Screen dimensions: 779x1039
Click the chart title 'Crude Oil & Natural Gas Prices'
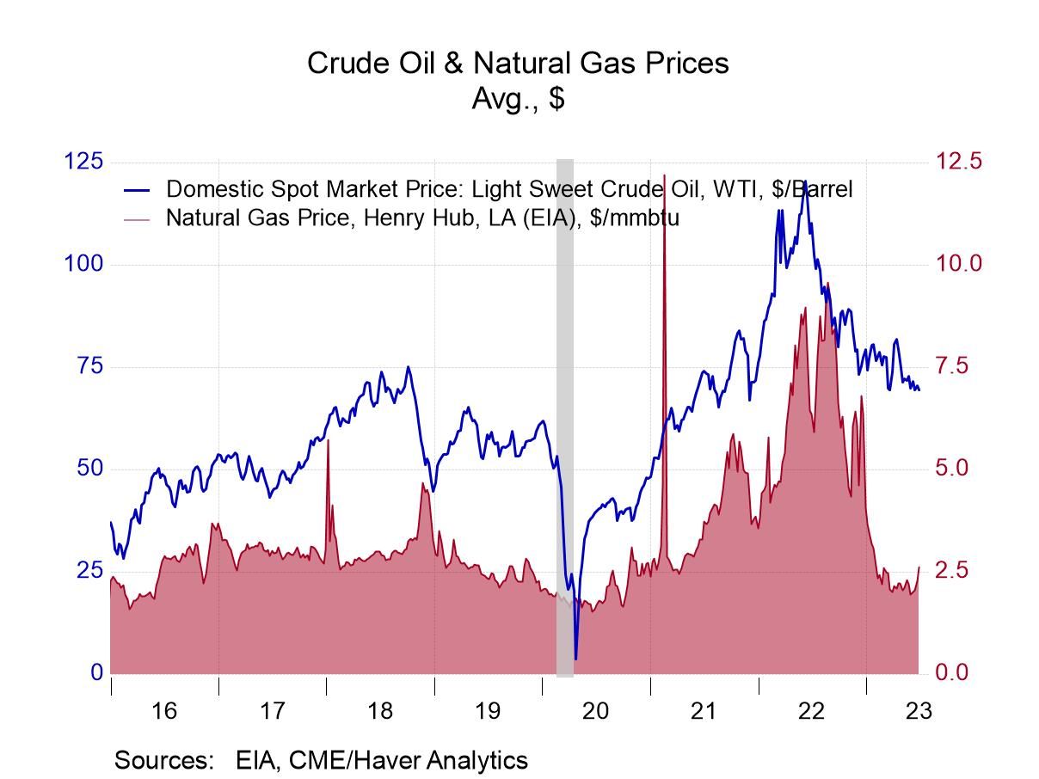[518, 63]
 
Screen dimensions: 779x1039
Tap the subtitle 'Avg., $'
[518, 98]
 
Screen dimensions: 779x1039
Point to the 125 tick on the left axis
[84, 162]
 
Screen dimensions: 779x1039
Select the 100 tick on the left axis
[84, 263]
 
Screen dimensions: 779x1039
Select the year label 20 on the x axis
[595, 711]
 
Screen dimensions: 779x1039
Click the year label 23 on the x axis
[919, 711]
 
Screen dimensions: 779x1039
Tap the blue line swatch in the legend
[138, 189]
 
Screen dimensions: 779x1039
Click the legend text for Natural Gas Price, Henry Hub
[422, 218]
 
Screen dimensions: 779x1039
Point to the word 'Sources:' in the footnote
[163, 760]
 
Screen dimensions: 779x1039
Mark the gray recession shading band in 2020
[565, 413]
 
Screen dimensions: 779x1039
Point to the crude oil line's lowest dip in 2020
[575, 658]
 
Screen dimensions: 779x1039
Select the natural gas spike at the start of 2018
[328, 442]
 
